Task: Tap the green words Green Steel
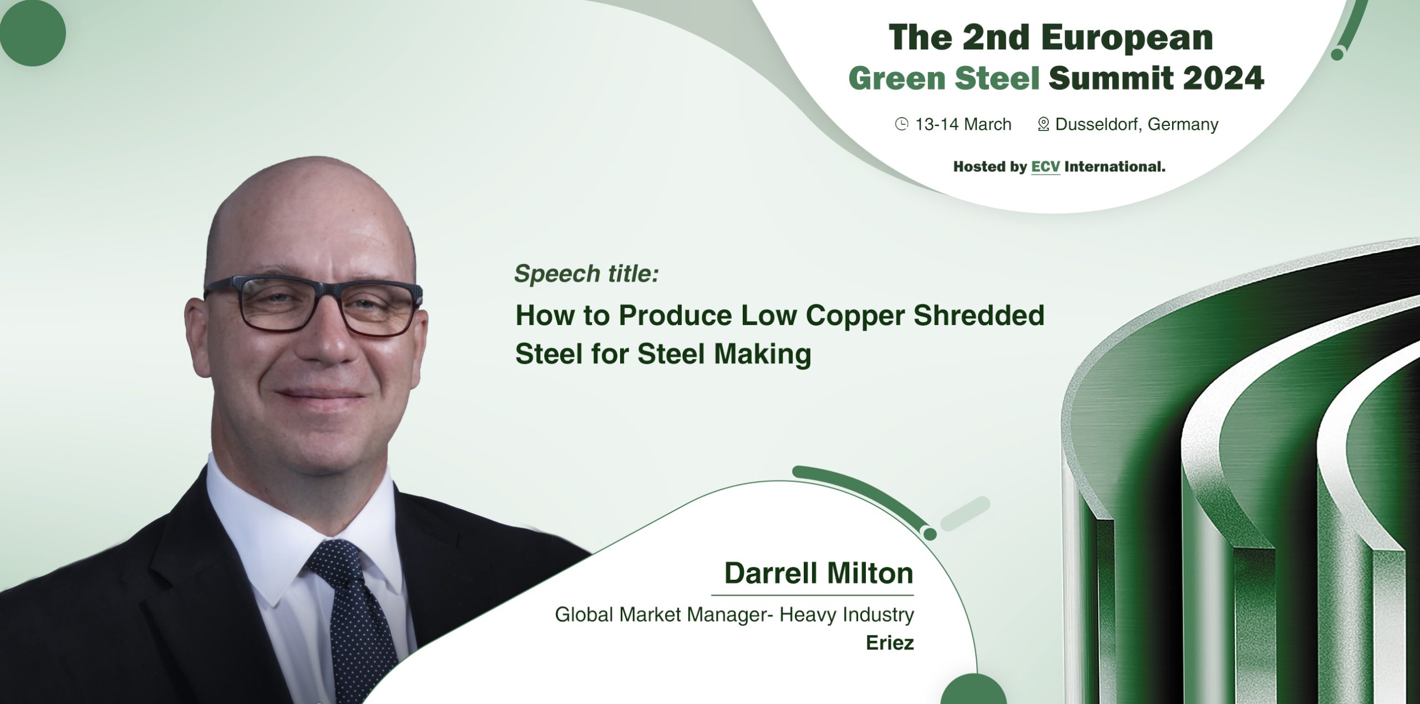click(x=944, y=78)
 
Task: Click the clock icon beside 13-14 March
click(x=902, y=124)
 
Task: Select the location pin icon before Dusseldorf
click(x=1043, y=124)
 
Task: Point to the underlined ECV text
click(x=1045, y=166)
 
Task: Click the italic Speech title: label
click(x=586, y=274)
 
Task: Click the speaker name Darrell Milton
click(x=819, y=573)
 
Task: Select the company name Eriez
click(x=890, y=643)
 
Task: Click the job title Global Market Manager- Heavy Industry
click(x=734, y=615)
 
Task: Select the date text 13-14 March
click(x=963, y=124)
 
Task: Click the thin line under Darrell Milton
click(x=812, y=595)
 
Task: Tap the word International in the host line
click(x=1114, y=166)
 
